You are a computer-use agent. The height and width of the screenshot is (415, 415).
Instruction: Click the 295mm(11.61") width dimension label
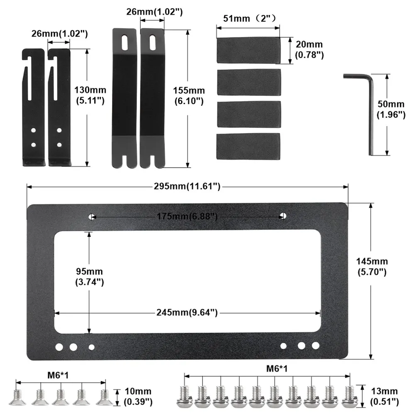(187, 186)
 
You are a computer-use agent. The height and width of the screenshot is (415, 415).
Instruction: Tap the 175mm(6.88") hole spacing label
(187, 216)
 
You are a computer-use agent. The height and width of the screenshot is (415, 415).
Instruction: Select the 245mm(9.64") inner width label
(187, 312)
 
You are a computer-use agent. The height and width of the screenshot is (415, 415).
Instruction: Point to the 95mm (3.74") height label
(90, 276)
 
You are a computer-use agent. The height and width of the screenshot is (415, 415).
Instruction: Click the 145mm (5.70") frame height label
(372, 266)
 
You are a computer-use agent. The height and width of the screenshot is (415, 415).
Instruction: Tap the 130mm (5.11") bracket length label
(90, 95)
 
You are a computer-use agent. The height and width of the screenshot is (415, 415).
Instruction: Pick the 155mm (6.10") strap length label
(189, 95)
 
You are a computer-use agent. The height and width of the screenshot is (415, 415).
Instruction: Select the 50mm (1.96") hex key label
(391, 109)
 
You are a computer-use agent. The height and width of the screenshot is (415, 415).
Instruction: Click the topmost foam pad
(248, 50)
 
